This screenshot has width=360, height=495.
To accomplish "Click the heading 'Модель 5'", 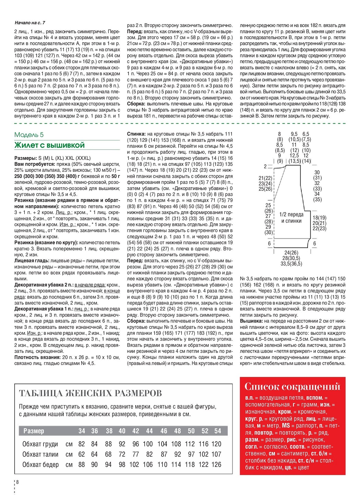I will (x=29, y=135).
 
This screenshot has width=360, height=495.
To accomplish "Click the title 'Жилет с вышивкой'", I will (x=49, y=145).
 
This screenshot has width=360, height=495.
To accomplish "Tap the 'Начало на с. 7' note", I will (x=30, y=23).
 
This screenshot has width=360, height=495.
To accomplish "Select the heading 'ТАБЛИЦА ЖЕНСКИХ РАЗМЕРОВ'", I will (x=90, y=393).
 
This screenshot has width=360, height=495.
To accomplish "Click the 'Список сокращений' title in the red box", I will (x=292, y=387).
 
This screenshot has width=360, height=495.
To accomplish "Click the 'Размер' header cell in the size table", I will (x=34, y=431).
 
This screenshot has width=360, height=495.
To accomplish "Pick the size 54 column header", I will (x=218, y=431).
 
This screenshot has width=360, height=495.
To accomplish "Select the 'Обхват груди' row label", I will (x=40, y=444).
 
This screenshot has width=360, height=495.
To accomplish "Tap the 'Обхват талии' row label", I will (x=40, y=454).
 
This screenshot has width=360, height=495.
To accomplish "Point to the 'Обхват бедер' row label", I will (x=40, y=464).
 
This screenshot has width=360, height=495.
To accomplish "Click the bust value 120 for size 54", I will (x=216, y=444).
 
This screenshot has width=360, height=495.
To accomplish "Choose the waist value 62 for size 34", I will (x=82, y=454).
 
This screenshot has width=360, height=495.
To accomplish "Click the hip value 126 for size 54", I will (x=216, y=464).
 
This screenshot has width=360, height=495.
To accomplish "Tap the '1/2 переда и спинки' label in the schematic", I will (x=291, y=218).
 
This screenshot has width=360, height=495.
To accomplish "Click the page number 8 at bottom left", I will (x=17, y=482).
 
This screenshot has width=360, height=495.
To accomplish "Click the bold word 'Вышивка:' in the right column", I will (x=251, y=321).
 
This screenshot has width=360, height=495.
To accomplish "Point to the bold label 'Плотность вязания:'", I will (x=38, y=357).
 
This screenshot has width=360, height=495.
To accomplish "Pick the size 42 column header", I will (x=136, y=431).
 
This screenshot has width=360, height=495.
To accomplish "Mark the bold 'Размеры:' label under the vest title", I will (x=25, y=158).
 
